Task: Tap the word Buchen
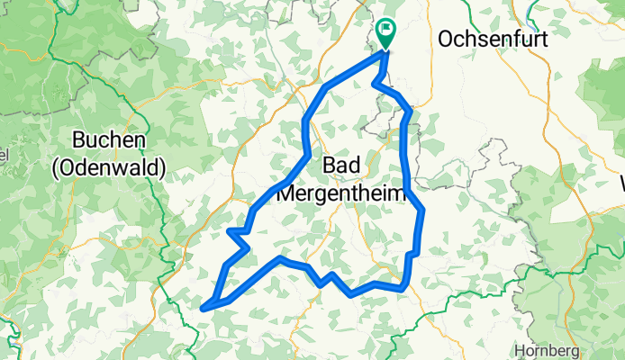(x=109, y=141)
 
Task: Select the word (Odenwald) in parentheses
(x=109, y=167)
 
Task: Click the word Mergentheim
(x=342, y=193)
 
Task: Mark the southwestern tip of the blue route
(x=204, y=309)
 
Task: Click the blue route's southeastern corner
(x=407, y=289)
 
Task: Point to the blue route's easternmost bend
(x=422, y=212)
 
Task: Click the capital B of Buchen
(x=78, y=141)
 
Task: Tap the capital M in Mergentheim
(x=289, y=193)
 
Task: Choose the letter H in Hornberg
(x=520, y=350)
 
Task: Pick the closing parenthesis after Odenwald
(x=162, y=167)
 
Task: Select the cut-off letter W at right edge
(x=620, y=192)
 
